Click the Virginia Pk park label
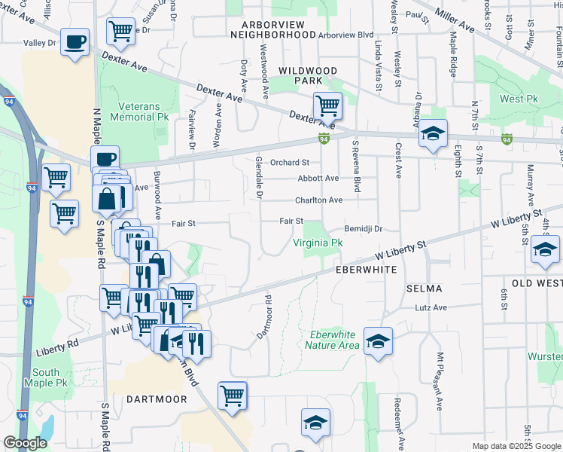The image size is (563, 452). point(318,243)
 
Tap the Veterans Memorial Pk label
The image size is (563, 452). point(139,112)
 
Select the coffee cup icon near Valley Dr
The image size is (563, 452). point(74,43)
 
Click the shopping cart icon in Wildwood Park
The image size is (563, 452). point(327,106)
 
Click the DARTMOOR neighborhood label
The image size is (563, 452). point(156,399)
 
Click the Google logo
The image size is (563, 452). point(25,443)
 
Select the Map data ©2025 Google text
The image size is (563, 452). point(516,446)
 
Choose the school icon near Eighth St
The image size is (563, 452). point(433,133)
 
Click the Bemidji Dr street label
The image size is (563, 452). point(364,228)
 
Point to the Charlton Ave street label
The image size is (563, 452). point(318,200)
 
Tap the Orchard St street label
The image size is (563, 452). point(290,162)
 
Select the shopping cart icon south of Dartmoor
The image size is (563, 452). point(233,395)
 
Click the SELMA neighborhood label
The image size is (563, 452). point(424,289)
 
